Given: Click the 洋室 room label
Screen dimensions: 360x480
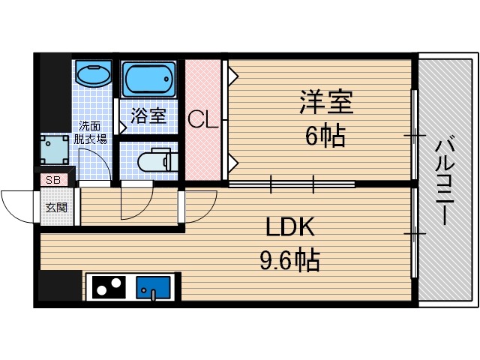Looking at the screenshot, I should (x=326, y=103).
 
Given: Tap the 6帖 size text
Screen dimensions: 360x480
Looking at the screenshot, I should (x=325, y=136).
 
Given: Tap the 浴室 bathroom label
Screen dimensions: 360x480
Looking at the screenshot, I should (x=148, y=116).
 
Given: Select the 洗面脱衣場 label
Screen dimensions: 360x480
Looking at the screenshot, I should (x=90, y=133).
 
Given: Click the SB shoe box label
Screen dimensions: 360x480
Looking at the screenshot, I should (x=53, y=179).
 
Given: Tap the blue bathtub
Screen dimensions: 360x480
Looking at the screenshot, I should (x=148, y=79).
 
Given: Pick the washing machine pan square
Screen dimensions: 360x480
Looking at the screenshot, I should (x=55, y=149).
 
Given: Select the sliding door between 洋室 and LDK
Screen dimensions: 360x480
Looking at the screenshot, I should (x=292, y=181).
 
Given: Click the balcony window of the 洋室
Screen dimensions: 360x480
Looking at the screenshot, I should (x=414, y=135).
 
